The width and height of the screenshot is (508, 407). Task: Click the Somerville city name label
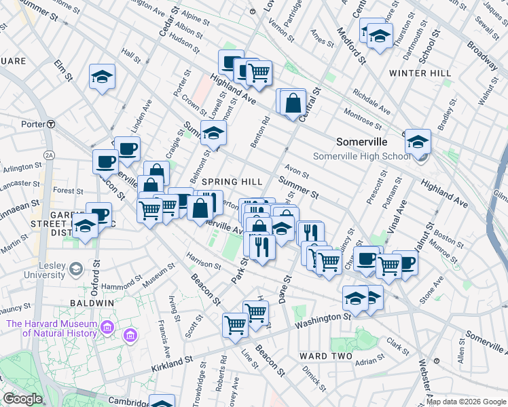point(361,142)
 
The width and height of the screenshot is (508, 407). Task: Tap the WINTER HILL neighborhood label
point(420,73)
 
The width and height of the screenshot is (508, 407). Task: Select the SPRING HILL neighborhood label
point(232,182)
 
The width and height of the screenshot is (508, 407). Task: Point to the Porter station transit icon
point(51,124)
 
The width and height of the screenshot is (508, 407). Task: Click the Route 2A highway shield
point(48,155)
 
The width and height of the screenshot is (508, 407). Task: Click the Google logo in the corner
point(22,398)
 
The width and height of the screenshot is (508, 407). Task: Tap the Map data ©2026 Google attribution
point(466,402)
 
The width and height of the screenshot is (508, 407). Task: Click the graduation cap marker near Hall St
point(102,77)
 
